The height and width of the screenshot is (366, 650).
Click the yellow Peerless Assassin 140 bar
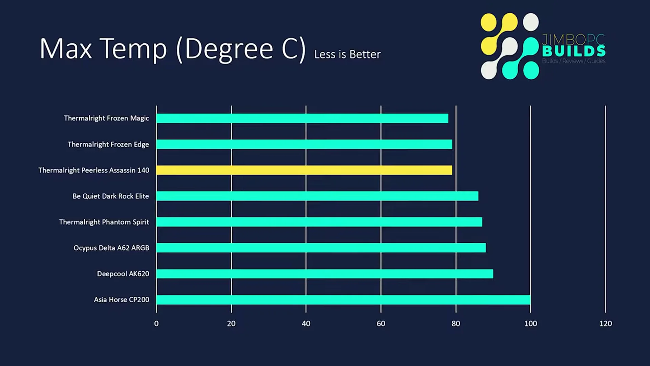coord(304,170)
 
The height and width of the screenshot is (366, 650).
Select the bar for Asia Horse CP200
coord(343,300)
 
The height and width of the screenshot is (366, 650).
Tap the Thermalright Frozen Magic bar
coord(302,118)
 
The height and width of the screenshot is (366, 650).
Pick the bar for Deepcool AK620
coord(324,274)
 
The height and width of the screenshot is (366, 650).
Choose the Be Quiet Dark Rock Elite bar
coord(317,196)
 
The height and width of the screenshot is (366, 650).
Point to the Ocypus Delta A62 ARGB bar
coord(321,248)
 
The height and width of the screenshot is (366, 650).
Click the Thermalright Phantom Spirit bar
coord(319,222)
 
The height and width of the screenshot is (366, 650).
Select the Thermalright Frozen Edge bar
coord(304,145)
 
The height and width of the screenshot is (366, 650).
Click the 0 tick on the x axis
coord(156,324)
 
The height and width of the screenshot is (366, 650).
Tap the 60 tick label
coord(381,324)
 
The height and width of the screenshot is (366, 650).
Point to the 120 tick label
coord(605,324)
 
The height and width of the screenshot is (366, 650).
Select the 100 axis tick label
coord(530,324)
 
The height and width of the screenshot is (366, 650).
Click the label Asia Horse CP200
coord(121,300)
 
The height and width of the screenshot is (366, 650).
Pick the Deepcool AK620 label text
coord(123,274)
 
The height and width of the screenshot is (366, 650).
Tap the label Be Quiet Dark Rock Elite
coord(110,196)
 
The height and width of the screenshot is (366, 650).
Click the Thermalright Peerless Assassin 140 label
coord(93,170)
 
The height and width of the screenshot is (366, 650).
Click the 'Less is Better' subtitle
coord(347,55)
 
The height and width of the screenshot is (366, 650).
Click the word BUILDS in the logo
coord(574,52)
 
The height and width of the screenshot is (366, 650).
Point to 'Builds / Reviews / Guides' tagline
coord(573,61)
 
